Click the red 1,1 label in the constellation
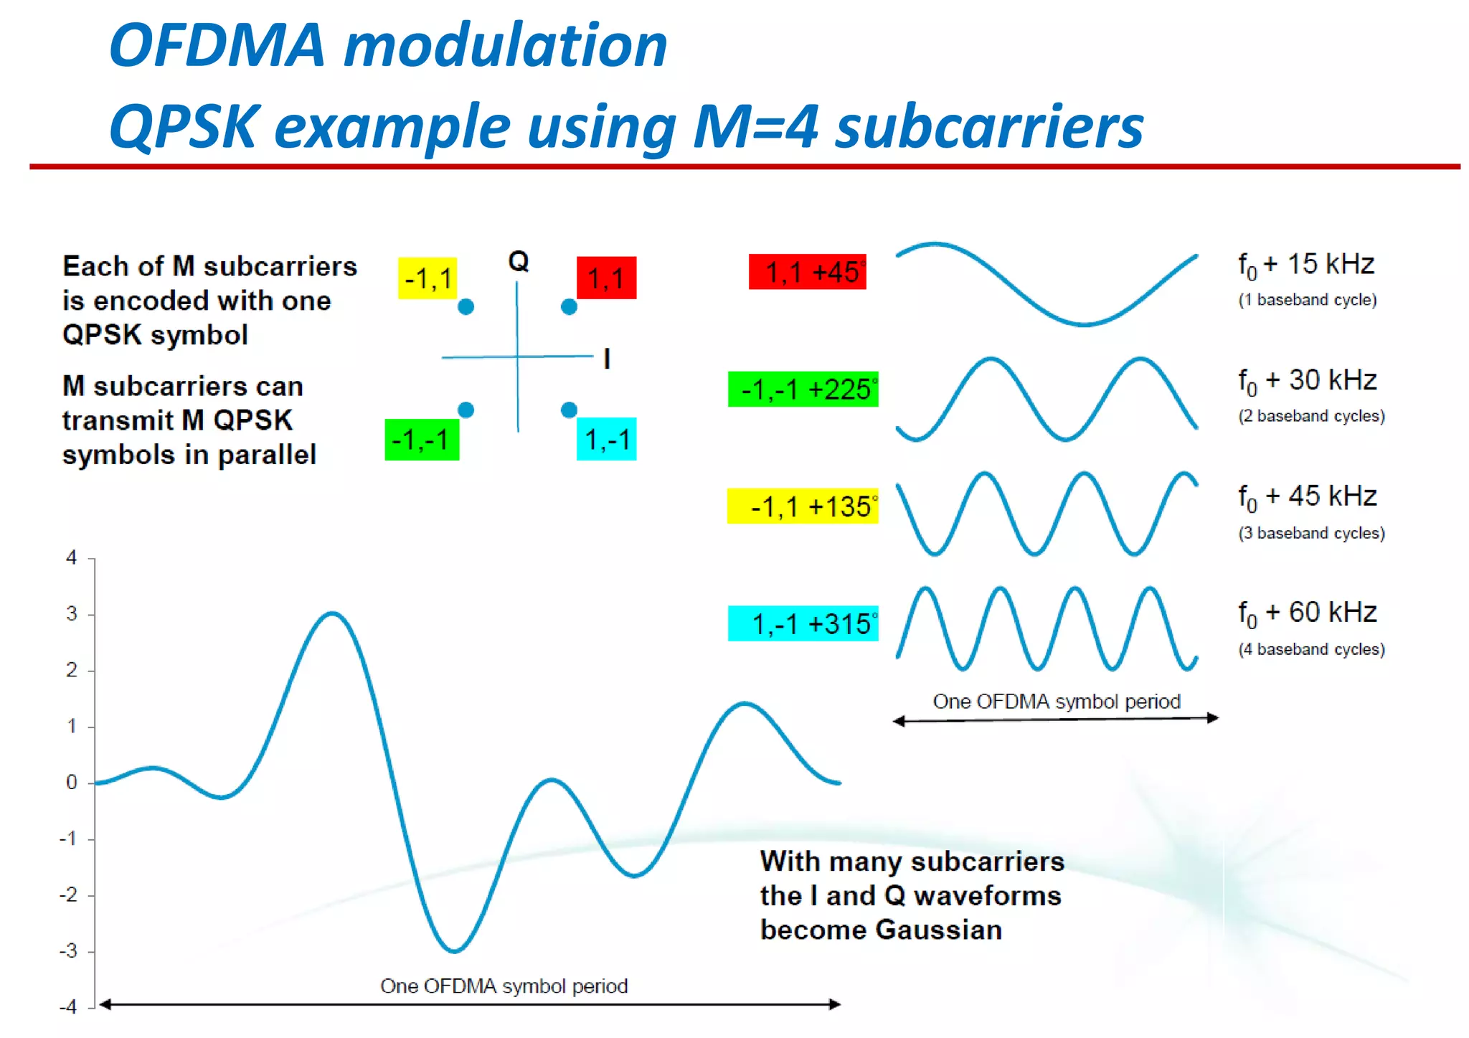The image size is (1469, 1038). (x=606, y=278)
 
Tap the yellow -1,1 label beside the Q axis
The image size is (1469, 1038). (x=428, y=278)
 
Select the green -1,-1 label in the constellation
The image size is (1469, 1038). (x=422, y=439)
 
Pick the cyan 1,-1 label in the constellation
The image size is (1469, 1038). (x=607, y=439)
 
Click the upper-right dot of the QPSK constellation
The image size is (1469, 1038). (x=569, y=307)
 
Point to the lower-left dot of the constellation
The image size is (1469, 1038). (x=466, y=410)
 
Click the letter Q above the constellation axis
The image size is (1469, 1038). (x=519, y=261)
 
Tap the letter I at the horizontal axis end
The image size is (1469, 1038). (x=607, y=358)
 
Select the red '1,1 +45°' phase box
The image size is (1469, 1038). (x=808, y=272)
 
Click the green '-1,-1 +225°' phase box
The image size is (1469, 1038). (x=803, y=390)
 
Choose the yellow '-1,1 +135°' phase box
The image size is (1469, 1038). (x=803, y=506)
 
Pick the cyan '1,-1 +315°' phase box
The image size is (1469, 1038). (x=803, y=623)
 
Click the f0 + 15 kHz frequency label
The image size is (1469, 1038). (x=1305, y=265)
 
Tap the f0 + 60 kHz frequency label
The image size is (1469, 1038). (x=1307, y=613)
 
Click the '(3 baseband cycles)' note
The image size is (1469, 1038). (x=1311, y=533)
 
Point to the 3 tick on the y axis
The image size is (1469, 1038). (x=72, y=614)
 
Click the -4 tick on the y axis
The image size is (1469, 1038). (x=68, y=1006)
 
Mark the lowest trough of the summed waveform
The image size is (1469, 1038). (x=454, y=950)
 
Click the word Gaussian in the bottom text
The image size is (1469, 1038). (x=940, y=930)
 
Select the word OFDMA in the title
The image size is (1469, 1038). (x=218, y=45)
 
